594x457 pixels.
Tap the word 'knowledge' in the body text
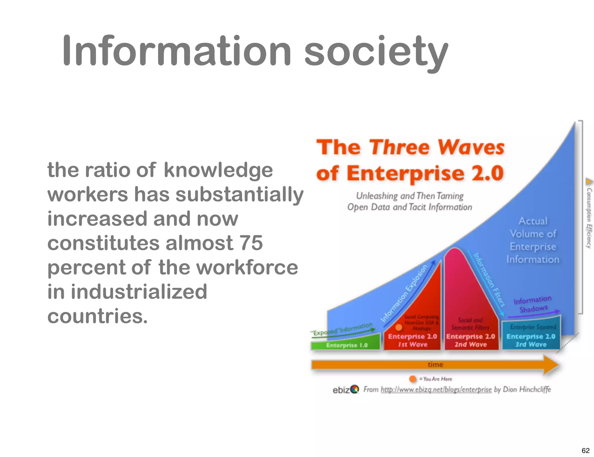[x=218, y=170]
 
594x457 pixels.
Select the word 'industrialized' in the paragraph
[x=139, y=292]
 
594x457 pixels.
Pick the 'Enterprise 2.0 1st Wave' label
[x=412, y=340]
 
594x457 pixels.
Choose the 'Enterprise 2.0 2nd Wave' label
[x=470, y=340]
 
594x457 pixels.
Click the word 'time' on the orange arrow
[x=435, y=364]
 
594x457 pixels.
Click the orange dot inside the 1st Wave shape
[x=399, y=327]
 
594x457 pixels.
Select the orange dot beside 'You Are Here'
[x=412, y=379]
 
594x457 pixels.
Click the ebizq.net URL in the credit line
[x=436, y=389]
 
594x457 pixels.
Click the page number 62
[x=586, y=450]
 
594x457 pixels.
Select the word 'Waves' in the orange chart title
[x=471, y=147]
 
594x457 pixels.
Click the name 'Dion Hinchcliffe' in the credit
[x=527, y=389]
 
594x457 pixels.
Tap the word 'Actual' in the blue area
[x=533, y=221]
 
